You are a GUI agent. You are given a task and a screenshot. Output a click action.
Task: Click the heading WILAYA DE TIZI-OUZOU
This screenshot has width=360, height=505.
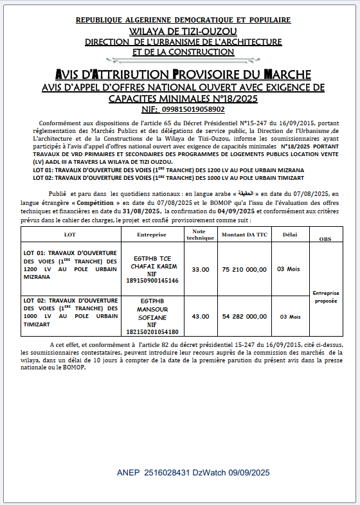[183, 31]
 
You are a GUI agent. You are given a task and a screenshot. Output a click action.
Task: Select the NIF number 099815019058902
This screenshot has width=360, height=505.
[192, 110]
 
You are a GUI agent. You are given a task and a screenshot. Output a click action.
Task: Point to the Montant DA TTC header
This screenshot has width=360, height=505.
[244, 235]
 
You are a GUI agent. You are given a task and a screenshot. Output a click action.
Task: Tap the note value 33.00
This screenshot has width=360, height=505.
[201, 269]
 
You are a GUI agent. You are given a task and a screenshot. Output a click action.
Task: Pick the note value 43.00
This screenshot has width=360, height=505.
[201, 316]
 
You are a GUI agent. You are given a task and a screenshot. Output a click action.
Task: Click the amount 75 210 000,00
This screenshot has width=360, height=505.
[244, 269]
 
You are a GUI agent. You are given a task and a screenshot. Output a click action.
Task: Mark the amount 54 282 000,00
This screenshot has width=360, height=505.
[244, 316]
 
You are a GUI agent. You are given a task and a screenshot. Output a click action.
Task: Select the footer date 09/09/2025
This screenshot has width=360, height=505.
[248, 472]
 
